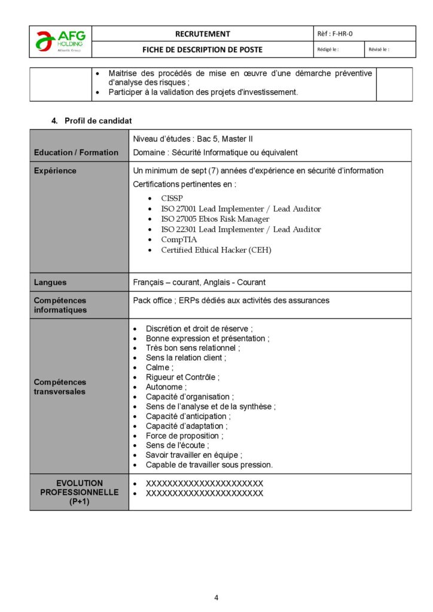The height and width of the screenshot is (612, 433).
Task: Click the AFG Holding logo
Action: click(60, 41)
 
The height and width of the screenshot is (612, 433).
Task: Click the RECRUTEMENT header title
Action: click(202, 34)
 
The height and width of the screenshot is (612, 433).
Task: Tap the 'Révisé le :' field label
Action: click(379, 50)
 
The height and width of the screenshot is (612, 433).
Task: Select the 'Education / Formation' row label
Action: click(76, 152)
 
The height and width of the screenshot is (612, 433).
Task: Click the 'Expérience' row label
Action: click(55, 170)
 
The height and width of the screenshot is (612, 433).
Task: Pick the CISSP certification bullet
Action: click(172, 198)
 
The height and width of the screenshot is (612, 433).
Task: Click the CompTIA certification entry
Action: click(179, 240)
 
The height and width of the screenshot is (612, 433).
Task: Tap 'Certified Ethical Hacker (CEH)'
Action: click(216, 250)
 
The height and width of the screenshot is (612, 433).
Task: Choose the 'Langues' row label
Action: click(50, 282)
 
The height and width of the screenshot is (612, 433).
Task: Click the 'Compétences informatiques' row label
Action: click(60, 305)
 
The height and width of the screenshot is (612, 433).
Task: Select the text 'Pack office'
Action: click(153, 300)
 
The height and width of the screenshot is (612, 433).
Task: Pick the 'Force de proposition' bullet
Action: click(184, 436)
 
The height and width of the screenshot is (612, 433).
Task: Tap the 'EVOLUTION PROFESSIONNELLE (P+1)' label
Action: click(80, 492)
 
